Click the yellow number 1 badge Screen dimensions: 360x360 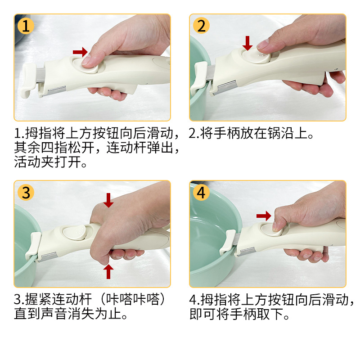(x=26, y=26)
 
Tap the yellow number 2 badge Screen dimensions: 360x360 (x=201, y=26)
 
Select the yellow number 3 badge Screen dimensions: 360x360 (x=26, y=193)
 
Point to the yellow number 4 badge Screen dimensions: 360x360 (x=201, y=193)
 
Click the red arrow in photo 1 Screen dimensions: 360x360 (x=80, y=52)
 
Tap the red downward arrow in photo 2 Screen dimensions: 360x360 (x=247, y=43)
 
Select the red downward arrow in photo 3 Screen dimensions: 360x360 (x=108, y=200)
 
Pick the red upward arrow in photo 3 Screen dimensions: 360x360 (x=108, y=271)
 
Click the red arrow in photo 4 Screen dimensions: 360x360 (x=264, y=216)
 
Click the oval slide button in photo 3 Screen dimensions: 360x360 (x=75, y=232)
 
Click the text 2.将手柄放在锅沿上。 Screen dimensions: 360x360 (x=251, y=133)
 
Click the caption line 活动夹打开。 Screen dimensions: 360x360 (x=50, y=162)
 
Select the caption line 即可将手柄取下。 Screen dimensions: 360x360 (x=239, y=314)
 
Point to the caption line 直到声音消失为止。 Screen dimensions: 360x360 (x=71, y=314)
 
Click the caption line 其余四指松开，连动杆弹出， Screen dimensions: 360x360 (x=96, y=148)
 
